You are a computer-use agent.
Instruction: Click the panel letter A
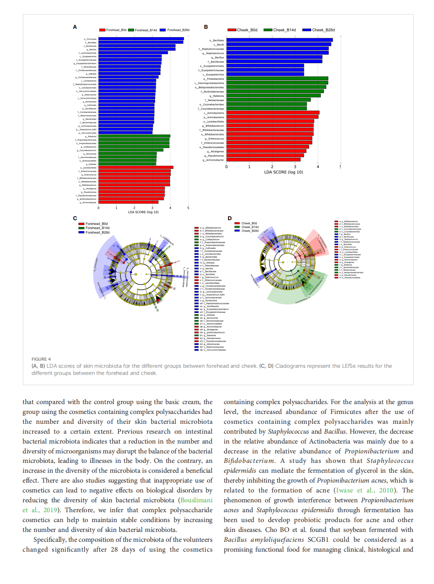point(75,27)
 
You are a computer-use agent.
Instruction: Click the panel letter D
point(230,218)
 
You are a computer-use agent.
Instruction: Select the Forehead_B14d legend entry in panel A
point(146,30)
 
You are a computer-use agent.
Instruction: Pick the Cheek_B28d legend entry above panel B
point(323,30)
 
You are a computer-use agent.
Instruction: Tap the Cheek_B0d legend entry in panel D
point(249,223)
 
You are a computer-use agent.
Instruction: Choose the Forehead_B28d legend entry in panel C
point(97,232)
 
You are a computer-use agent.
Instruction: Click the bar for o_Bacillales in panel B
point(279,40)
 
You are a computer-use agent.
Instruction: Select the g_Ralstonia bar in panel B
point(273,95)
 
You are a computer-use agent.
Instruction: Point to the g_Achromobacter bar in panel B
point(263,160)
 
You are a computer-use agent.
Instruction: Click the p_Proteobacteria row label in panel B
point(213,79)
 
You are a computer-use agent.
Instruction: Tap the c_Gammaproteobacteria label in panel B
point(209,83)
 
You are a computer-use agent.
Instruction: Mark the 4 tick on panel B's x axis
point(318,167)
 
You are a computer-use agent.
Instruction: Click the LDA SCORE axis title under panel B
point(284,172)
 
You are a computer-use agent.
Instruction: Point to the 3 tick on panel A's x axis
point(152,208)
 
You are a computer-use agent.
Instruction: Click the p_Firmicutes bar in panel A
point(141,39)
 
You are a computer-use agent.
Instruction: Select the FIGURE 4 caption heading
point(41,359)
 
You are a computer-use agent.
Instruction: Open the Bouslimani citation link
point(196,500)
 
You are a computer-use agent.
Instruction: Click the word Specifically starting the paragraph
point(50,539)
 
